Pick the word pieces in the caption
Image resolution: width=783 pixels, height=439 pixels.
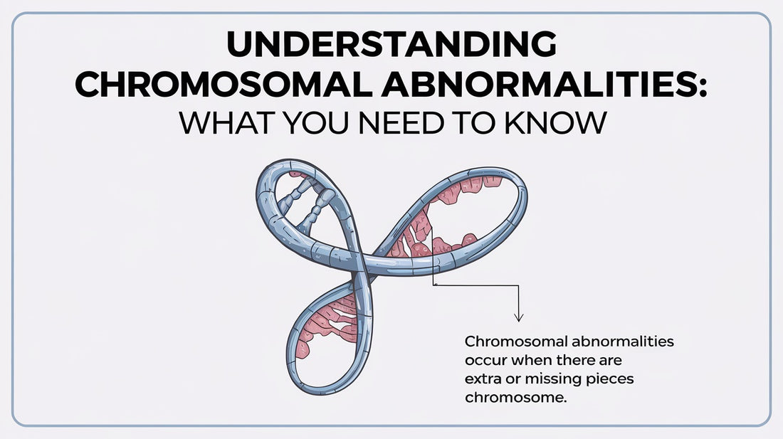pyautogui.click(x=611, y=379)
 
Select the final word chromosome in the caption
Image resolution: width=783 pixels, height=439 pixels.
pyautogui.click(x=515, y=396)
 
